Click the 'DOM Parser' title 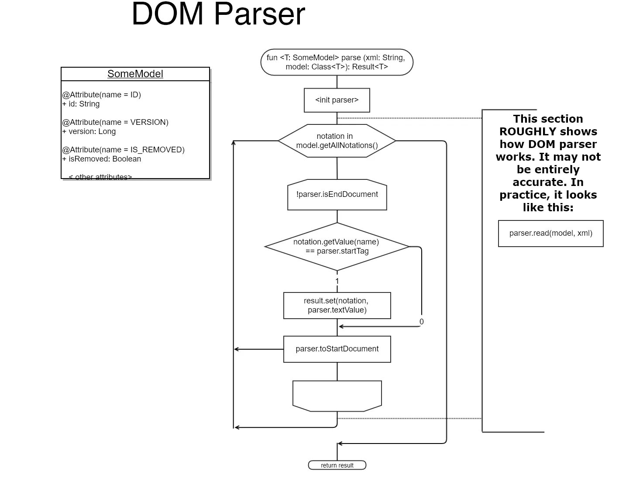point(218,14)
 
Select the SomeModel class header point(135,74)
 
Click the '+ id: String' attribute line point(81,104)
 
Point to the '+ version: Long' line point(89,131)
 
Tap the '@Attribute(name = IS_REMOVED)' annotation point(124,150)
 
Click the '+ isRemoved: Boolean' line point(102,159)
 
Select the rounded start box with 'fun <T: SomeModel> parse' point(337,62)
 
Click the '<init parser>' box point(337,100)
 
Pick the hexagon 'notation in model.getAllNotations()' point(337,141)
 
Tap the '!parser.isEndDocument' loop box point(337,195)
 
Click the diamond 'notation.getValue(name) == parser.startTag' point(337,247)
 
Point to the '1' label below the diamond point(337,281)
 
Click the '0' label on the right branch point(421,322)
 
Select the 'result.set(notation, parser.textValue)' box point(337,306)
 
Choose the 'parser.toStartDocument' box point(337,349)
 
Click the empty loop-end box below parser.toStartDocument point(337,395)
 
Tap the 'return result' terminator point(337,465)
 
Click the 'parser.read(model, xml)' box point(550,234)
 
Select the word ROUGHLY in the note point(527,131)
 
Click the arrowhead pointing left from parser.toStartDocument point(237,349)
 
